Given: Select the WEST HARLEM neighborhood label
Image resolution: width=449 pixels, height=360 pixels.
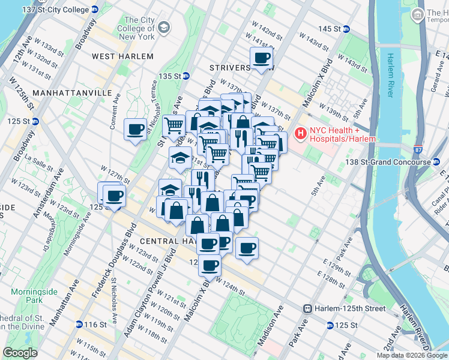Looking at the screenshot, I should pyautogui.click(x=122, y=56).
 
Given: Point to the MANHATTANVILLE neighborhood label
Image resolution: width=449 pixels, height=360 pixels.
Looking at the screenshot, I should pyautogui.click(x=72, y=94).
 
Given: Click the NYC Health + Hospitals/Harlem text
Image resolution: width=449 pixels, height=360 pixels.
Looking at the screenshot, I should pyautogui.click(x=342, y=135).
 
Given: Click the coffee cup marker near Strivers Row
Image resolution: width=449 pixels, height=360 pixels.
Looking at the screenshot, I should pyautogui.click(x=262, y=59).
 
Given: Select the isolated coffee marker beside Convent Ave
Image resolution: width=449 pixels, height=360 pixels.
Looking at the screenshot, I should pyautogui.click(x=136, y=129).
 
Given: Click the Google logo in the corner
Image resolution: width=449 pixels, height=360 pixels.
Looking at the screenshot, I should pyautogui.click(x=20, y=353).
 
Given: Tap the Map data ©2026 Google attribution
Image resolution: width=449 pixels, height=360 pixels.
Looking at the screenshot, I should pyautogui.click(x=412, y=355).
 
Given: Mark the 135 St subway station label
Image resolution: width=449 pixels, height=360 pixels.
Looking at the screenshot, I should pyautogui.click(x=173, y=76).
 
